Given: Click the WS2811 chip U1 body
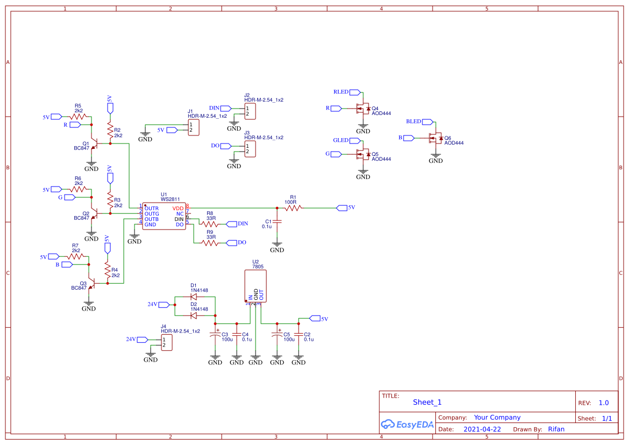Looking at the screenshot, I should point(164,216).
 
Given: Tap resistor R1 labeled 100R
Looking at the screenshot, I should point(293,208).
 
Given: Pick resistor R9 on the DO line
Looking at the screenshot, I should point(210,243).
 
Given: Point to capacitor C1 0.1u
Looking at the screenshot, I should point(277,221).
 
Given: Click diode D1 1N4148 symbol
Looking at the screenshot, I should point(194,297).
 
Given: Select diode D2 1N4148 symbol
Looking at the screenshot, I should point(194,315).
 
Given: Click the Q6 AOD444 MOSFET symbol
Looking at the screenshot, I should point(435,138).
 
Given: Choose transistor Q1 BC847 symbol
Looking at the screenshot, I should point(94,145).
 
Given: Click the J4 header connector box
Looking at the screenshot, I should point(167,342).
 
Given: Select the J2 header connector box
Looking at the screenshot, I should point(250,111).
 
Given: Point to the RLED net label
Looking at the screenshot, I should point(341,92).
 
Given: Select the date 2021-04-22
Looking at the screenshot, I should point(482,429).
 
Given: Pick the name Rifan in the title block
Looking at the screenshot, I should point(556,429).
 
